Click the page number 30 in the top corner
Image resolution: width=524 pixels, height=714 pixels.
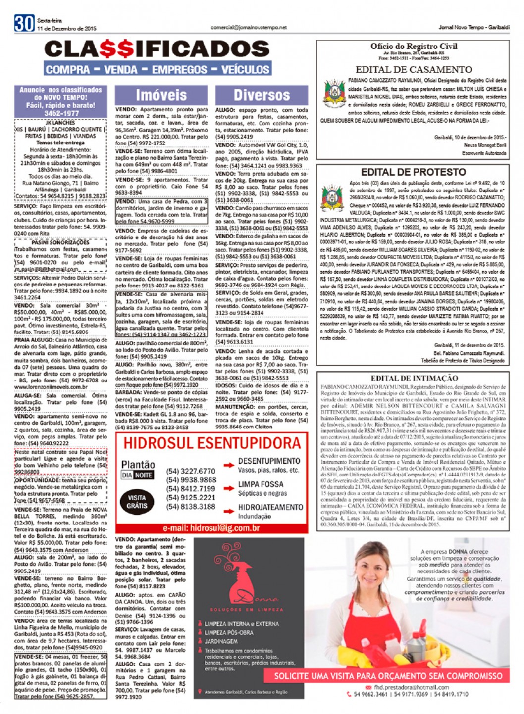tap(24, 24)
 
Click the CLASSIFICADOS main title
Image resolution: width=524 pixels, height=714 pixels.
tap(157, 49)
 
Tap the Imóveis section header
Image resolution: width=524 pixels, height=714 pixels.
tap(161, 95)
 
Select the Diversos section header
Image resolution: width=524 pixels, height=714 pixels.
tap(262, 95)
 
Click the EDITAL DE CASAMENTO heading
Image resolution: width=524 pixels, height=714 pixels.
tap(414, 70)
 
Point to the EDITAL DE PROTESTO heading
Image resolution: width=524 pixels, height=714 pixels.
tap(413, 172)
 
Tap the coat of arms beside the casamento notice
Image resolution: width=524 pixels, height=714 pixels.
tap(334, 94)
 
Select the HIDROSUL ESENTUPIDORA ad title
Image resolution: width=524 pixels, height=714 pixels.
tap(212, 443)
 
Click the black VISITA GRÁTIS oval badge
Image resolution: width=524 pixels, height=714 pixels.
tap(137, 502)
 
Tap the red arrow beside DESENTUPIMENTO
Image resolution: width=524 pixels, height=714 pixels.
tap(228, 465)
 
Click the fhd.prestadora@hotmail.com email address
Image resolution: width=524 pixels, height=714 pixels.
tap(412, 687)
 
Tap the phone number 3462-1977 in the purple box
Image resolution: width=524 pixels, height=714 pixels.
tap(60, 113)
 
